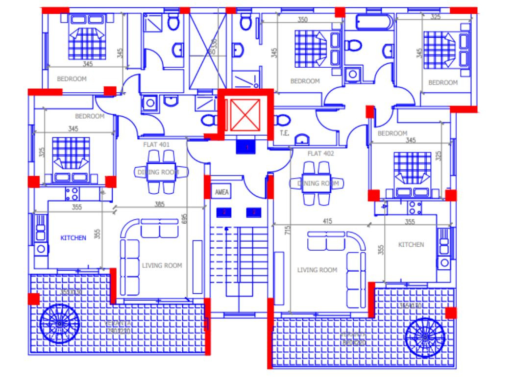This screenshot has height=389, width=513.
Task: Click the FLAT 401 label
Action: pos(156,145)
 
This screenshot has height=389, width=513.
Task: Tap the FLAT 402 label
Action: pos(320,154)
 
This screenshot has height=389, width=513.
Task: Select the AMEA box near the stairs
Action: pos(221,193)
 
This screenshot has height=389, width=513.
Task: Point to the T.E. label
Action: pos(283,133)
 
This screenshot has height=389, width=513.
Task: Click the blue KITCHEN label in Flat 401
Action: pos(73,237)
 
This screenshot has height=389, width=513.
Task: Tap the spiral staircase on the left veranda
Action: pos(59,324)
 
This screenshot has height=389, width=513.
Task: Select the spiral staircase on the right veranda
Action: pos(425,337)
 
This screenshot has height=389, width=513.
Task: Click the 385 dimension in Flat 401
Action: pos(160,204)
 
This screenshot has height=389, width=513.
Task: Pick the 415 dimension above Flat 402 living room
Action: pos(327,222)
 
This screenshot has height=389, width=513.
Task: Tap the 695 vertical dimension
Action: pos(185,219)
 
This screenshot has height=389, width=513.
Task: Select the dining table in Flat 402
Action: pos(317,183)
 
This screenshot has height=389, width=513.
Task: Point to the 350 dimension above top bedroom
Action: pos(302,20)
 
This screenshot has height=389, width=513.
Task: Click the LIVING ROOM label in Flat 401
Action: pos(162,265)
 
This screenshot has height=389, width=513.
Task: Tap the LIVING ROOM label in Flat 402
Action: pos(317,270)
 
